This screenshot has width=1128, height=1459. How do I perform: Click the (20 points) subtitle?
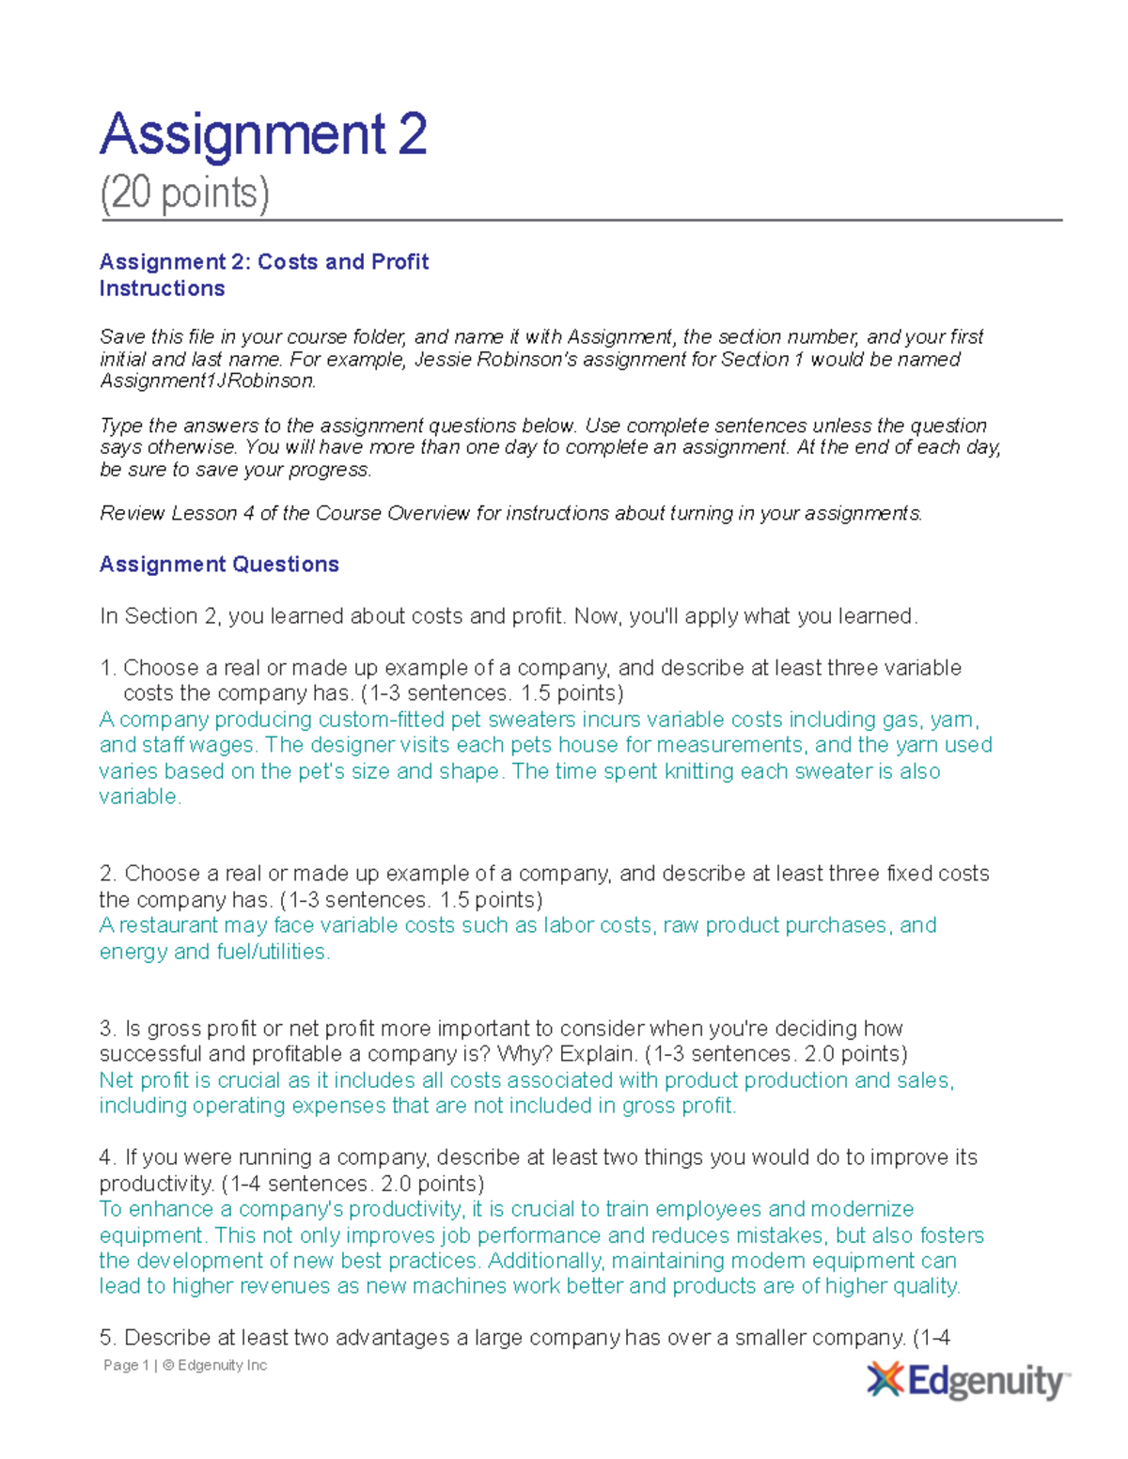[x=184, y=194]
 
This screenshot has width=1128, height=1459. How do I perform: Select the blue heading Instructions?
[x=162, y=288]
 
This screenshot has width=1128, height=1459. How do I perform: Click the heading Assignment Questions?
[x=219, y=564]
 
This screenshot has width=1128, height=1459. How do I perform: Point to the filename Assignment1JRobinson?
[x=207, y=380]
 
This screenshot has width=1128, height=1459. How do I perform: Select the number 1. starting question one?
[x=107, y=668]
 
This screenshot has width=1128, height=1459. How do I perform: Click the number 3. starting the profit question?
[x=107, y=1029]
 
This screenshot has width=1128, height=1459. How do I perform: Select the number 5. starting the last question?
[x=107, y=1338]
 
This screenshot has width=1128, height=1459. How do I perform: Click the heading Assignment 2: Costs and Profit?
[x=263, y=261]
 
